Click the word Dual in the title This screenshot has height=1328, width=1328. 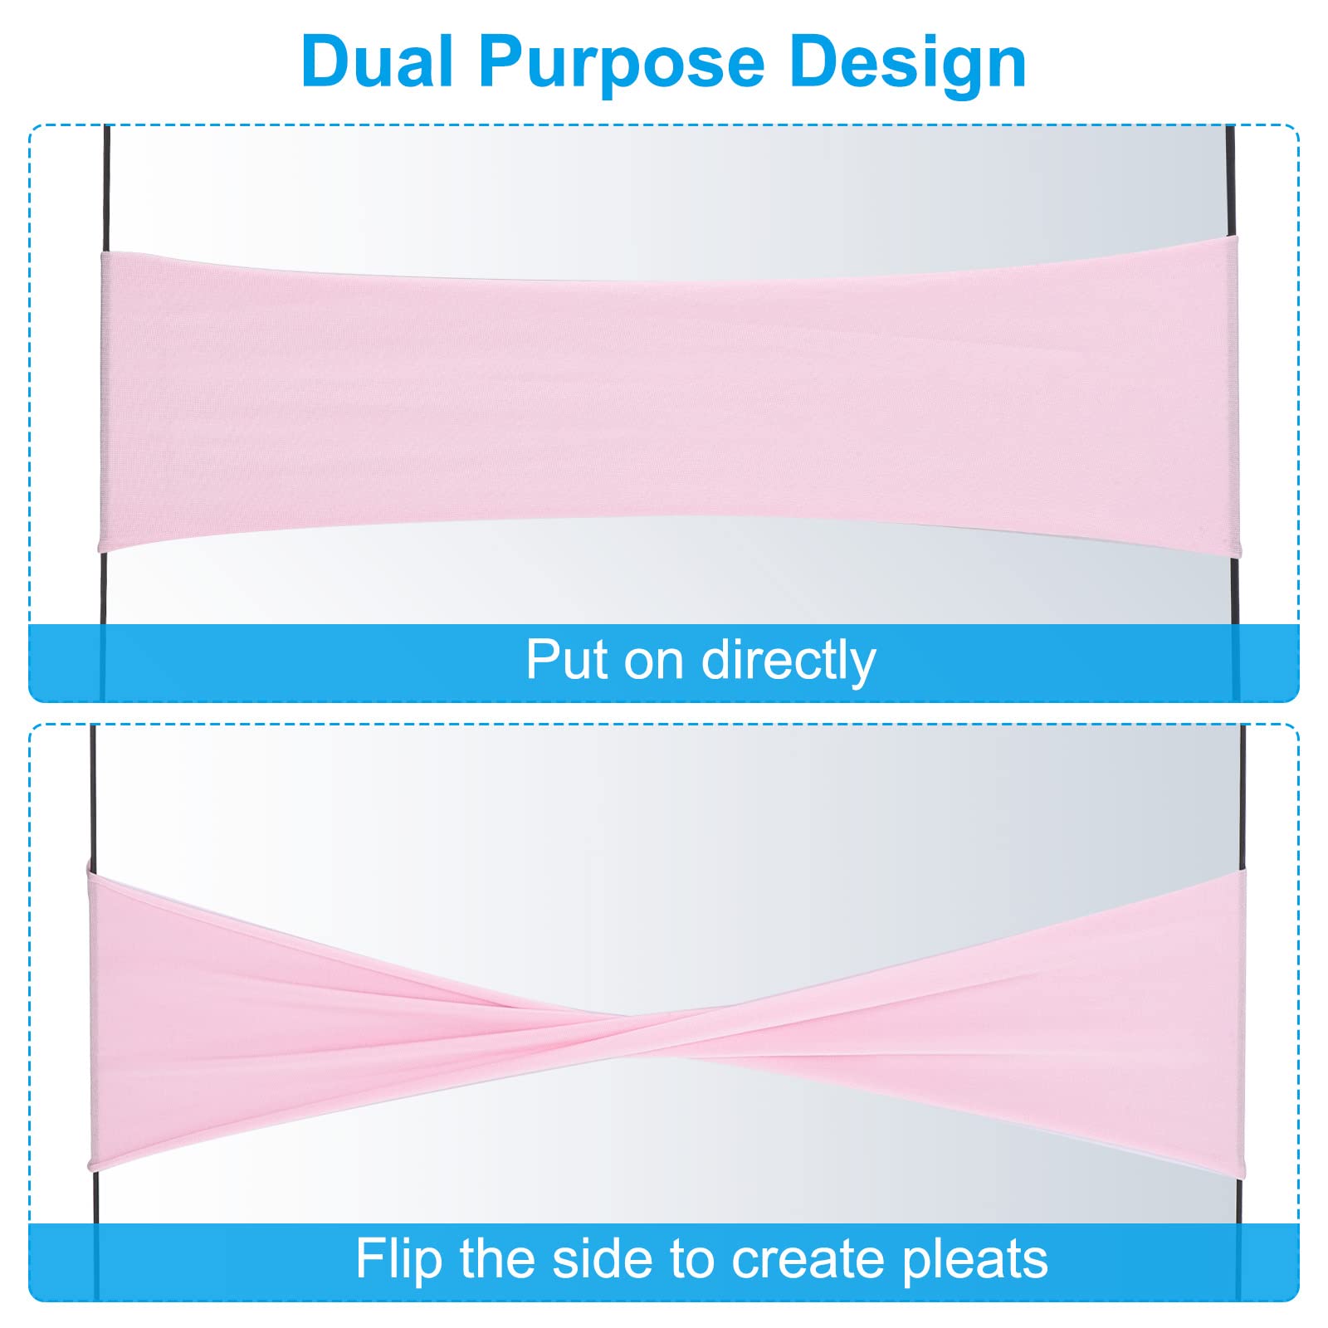(378, 61)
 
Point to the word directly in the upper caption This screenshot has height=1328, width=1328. (788, 662)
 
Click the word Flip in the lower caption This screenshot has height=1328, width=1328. (401, 1259)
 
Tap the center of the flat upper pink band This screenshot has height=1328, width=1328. (668, 398)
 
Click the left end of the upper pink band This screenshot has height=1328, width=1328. (101, 402)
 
